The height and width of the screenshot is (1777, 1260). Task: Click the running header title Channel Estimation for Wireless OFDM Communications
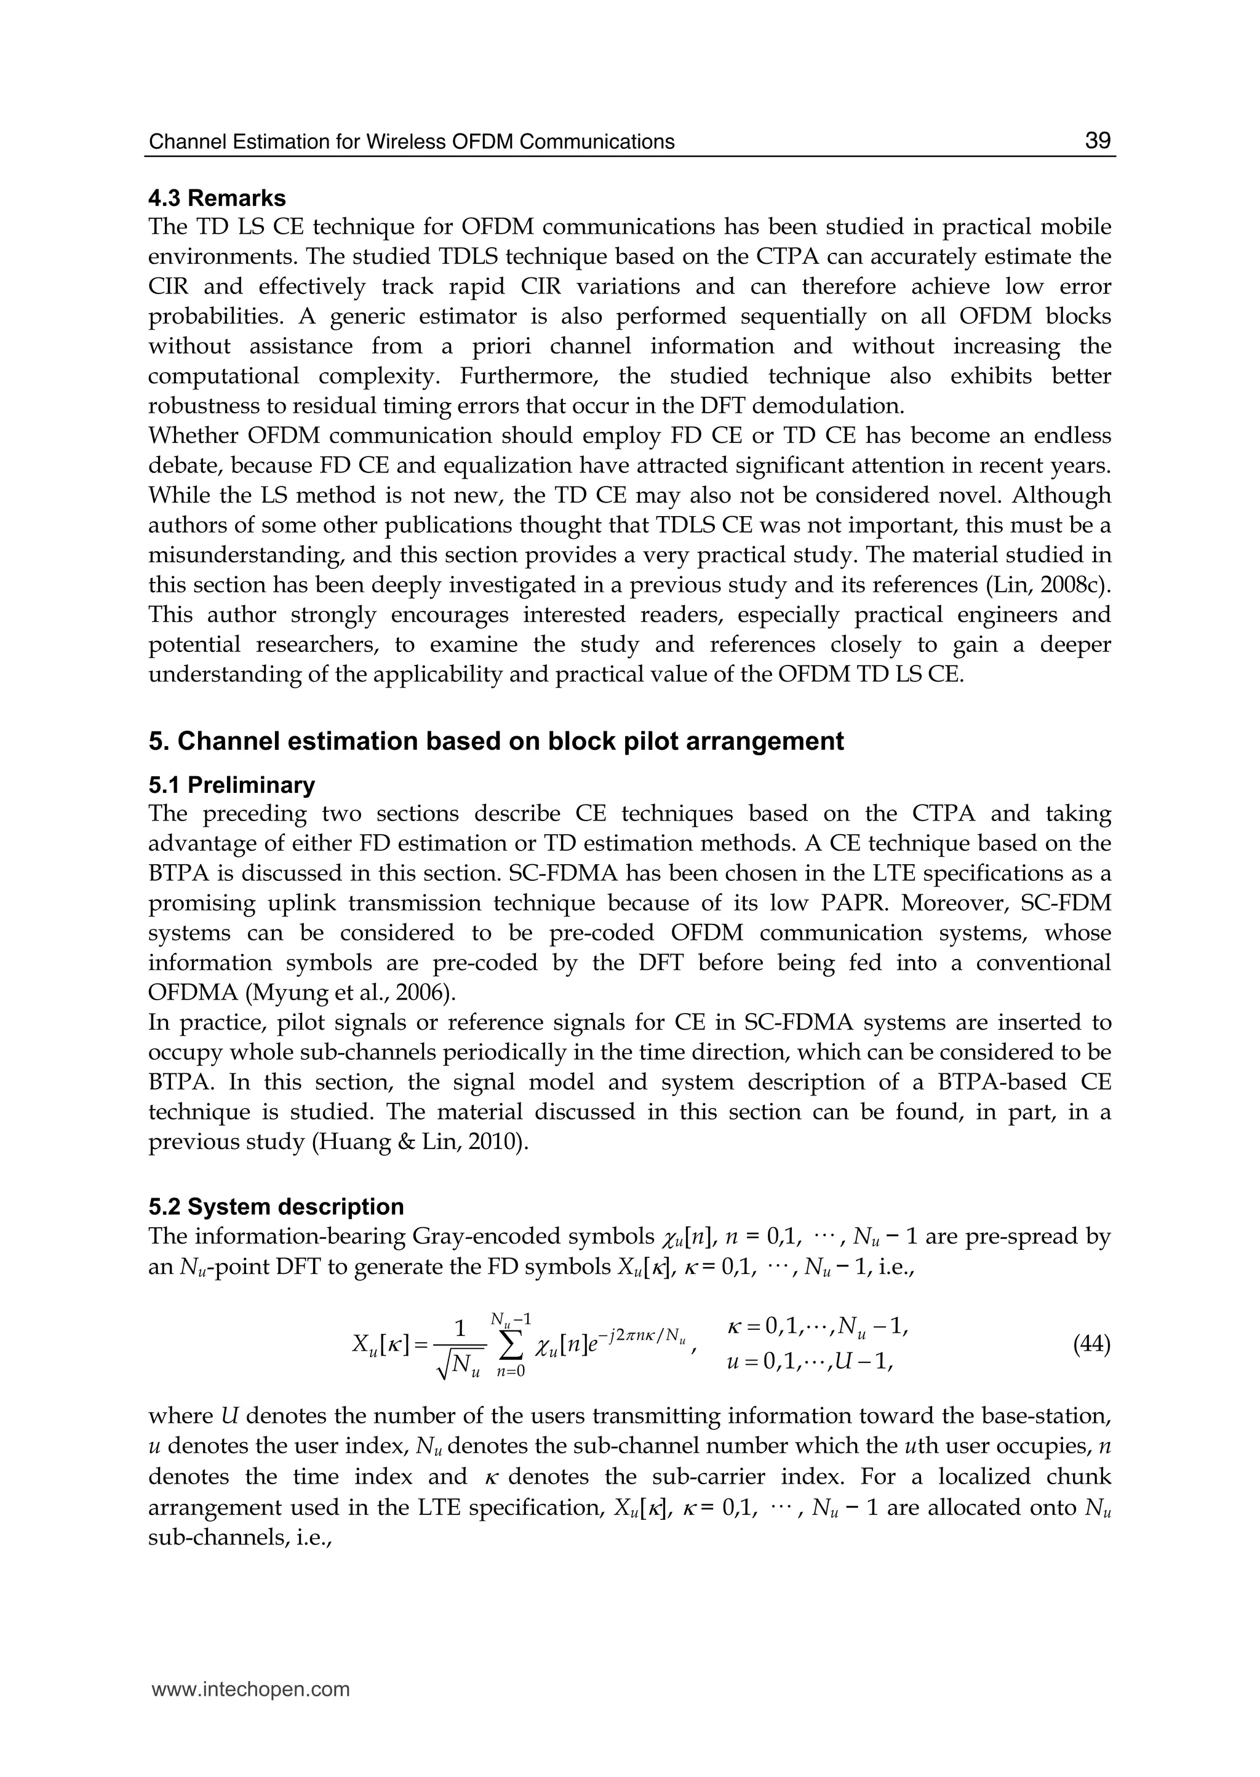411,142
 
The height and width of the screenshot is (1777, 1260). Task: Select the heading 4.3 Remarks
217,198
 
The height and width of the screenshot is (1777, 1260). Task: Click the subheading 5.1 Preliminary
231,785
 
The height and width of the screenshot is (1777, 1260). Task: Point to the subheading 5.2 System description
276,1206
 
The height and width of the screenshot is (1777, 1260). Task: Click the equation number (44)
1091,1343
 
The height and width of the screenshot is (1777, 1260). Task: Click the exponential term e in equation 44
592,1347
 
